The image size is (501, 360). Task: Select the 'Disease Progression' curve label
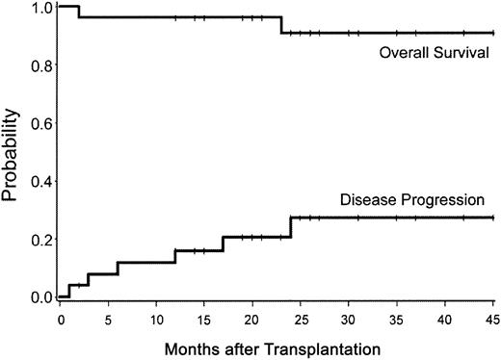click(416, 201)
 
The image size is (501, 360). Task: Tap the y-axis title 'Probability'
click(12, 154)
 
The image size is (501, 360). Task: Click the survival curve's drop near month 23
click(281, 25)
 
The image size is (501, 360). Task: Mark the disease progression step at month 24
click(291, 227)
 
